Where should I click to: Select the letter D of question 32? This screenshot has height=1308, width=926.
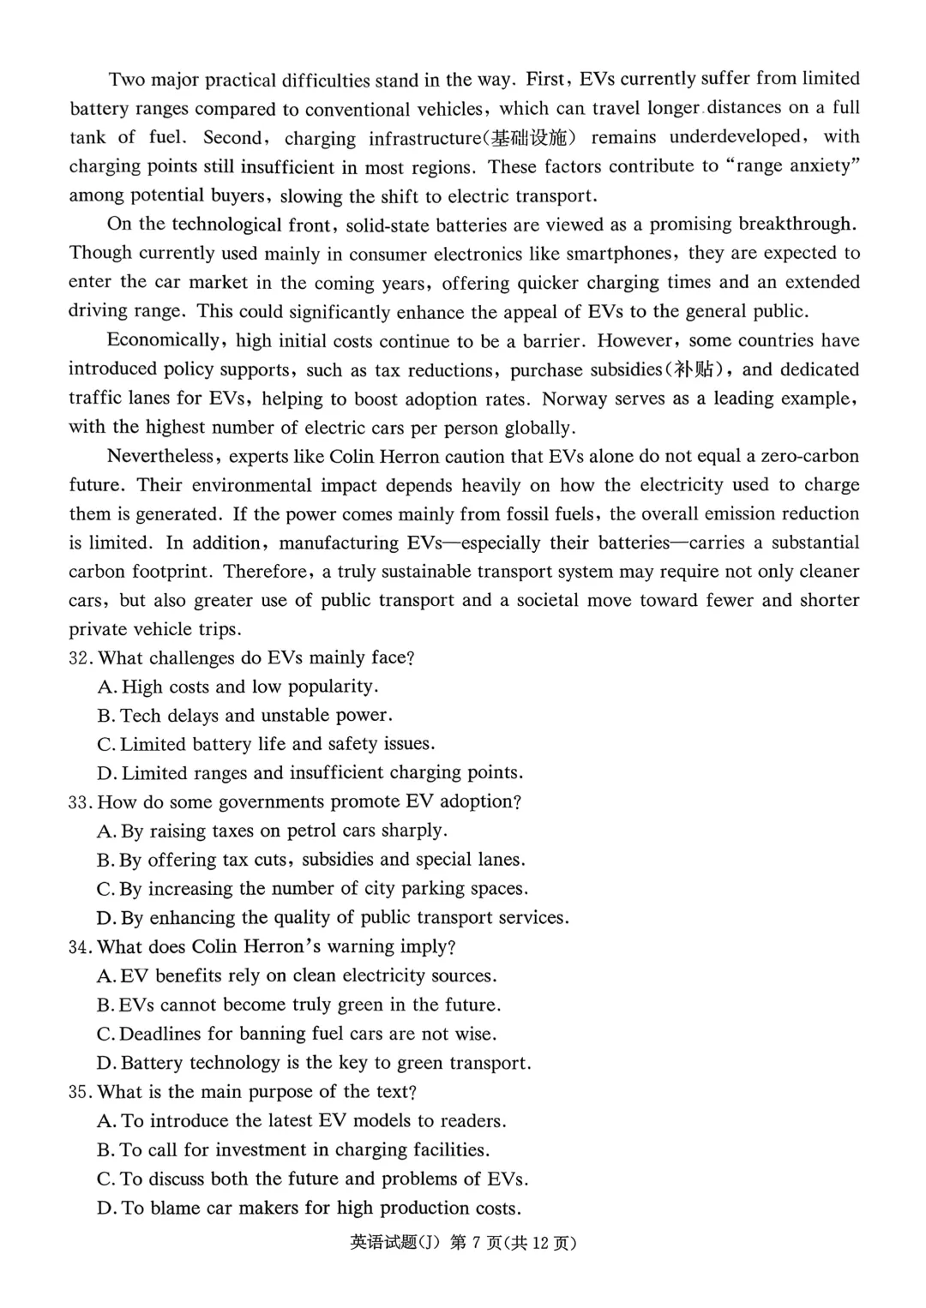point(106,774)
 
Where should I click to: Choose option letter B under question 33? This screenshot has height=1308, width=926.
point(105,861)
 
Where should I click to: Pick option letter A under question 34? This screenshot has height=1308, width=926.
point(106,976)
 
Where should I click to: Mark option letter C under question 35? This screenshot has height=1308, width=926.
point(105,1179)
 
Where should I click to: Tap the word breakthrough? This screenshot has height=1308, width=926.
point(797,225)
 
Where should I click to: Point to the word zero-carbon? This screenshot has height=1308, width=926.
point(804,456)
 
